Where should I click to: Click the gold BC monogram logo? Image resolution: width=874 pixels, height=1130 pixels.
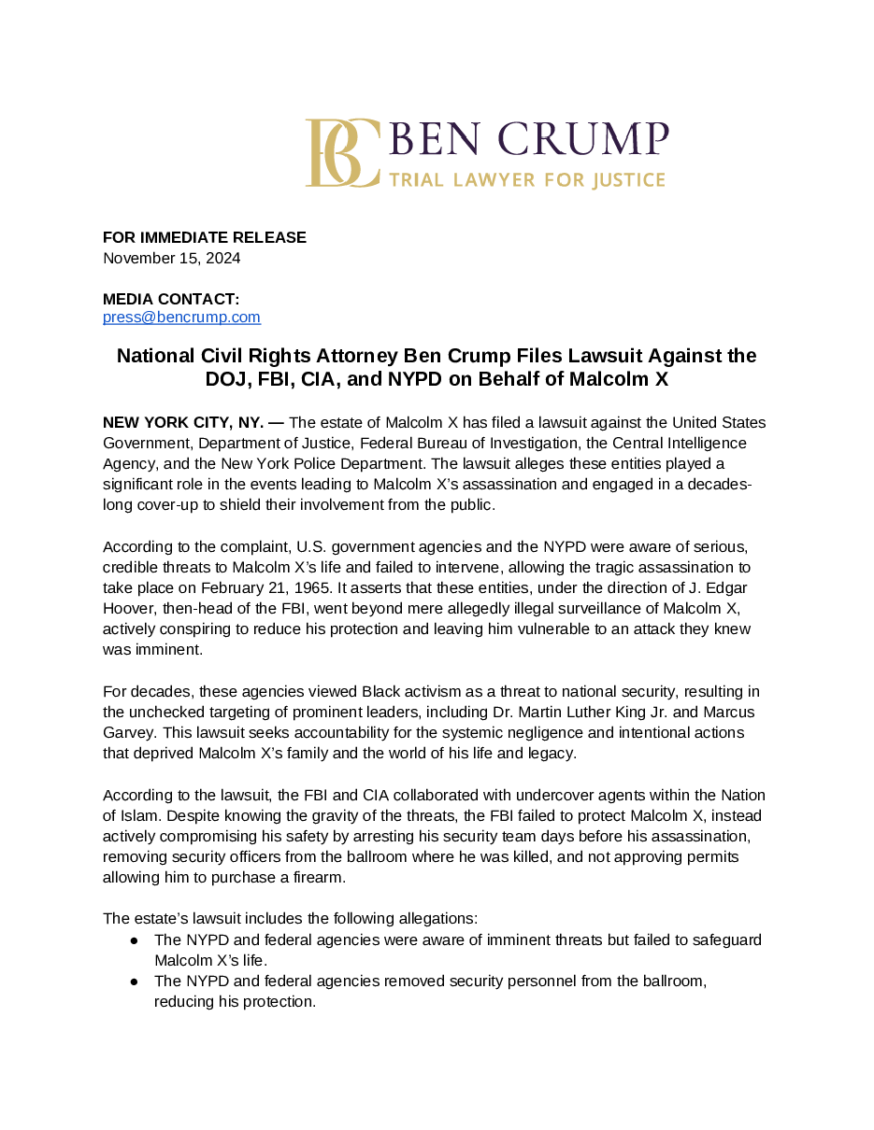click(342, 152)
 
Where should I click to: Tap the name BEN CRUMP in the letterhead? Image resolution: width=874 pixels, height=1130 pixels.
click(528, 140)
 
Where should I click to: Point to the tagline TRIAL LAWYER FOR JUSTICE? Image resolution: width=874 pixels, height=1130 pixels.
click(527, 179)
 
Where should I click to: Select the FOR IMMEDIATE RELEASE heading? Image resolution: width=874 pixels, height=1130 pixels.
click(205, 237)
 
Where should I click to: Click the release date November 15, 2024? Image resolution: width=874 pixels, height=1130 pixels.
click(172, 258)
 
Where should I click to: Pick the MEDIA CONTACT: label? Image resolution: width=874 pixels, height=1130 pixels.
click(171, 299)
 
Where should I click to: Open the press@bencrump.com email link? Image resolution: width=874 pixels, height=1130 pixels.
click(181, 318)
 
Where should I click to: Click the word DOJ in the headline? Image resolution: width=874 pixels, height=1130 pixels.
click(225, 379)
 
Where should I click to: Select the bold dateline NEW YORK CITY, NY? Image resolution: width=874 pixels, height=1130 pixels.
click(183, 422)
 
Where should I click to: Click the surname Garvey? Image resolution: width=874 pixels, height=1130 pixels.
click(127, 732)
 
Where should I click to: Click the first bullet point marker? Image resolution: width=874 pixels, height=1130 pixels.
click(135, 939)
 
